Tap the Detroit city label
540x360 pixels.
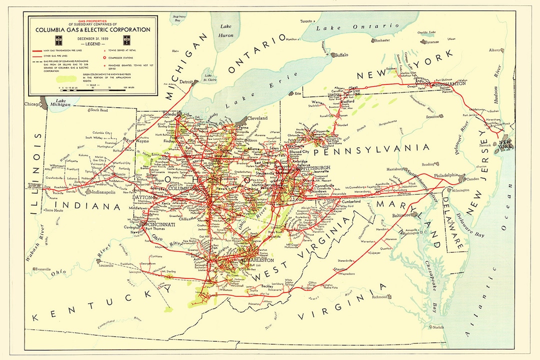click(186, 81)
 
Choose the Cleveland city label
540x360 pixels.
click(258, 118)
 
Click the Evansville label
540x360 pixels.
click(43, 269)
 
